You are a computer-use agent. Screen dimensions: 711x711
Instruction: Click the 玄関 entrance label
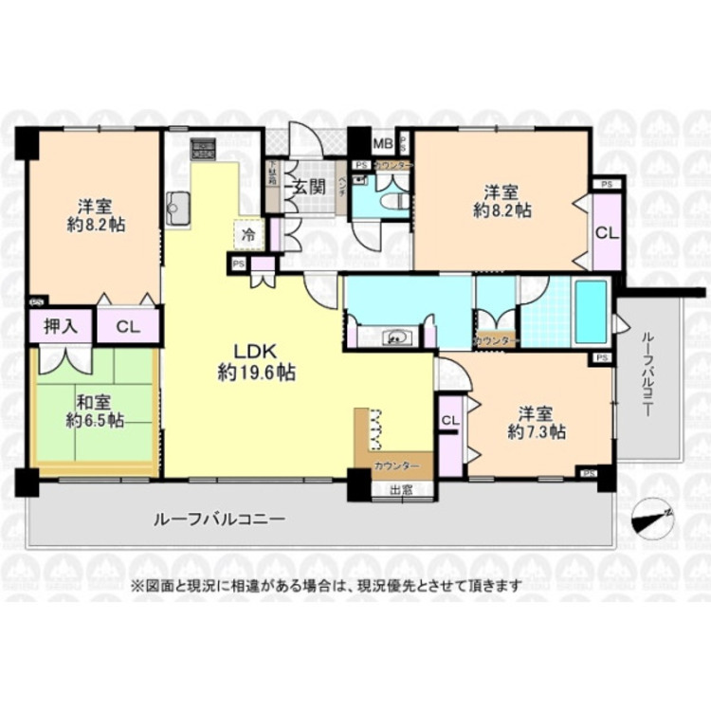[x=303, y=186]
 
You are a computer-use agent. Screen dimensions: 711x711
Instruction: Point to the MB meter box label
[x=381, y=144]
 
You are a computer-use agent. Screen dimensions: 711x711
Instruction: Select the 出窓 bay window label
[x=400, y=490]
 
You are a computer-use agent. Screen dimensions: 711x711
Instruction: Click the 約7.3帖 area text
[x=537, y=432]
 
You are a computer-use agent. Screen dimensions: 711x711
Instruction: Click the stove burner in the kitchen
[x=204, y=149]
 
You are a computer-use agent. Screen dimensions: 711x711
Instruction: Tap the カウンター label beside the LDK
[x=392, y=465]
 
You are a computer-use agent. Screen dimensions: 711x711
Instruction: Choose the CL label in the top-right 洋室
[x=605, y=232]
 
